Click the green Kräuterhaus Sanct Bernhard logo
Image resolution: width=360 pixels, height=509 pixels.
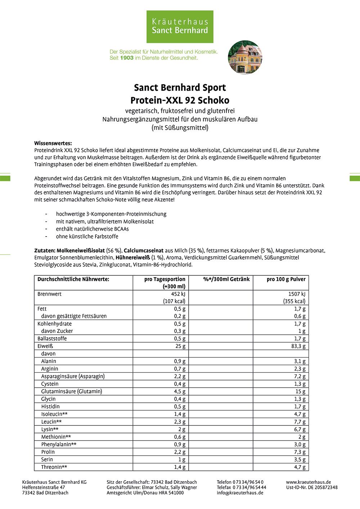[x=180, y=27]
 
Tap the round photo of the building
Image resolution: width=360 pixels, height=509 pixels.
[x=245, y=57]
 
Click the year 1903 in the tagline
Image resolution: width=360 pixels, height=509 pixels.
[x=127, y=58]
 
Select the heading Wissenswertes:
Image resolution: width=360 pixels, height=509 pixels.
[x=53, y=143]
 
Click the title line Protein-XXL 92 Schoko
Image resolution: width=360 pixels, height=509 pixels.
[x=180, y=100]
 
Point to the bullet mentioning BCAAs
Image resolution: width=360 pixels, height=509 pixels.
[x=92, y=229]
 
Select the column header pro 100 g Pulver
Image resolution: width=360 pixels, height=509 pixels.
[x=286, y=279]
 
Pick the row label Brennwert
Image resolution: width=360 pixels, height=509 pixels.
[x=49, y=294]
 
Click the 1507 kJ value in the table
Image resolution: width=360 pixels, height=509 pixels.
[x=297, y=294]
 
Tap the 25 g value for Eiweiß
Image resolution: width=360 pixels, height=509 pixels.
[x=180, y=346]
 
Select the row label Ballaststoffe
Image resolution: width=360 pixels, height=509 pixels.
[x=52, y=339]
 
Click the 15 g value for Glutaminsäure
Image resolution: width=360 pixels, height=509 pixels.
[x=300, y=392]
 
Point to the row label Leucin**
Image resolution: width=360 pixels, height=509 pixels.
[x=51, y=422]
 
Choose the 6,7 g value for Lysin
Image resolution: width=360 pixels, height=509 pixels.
[x=300, y=429]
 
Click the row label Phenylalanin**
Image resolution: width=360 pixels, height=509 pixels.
[x=59, y=445]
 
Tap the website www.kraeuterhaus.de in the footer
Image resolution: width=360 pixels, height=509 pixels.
[x=308, y=482]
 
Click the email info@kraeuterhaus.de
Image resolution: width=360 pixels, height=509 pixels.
[x=240, y=493]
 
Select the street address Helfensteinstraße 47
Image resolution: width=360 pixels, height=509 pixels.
[x=44, y=487]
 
